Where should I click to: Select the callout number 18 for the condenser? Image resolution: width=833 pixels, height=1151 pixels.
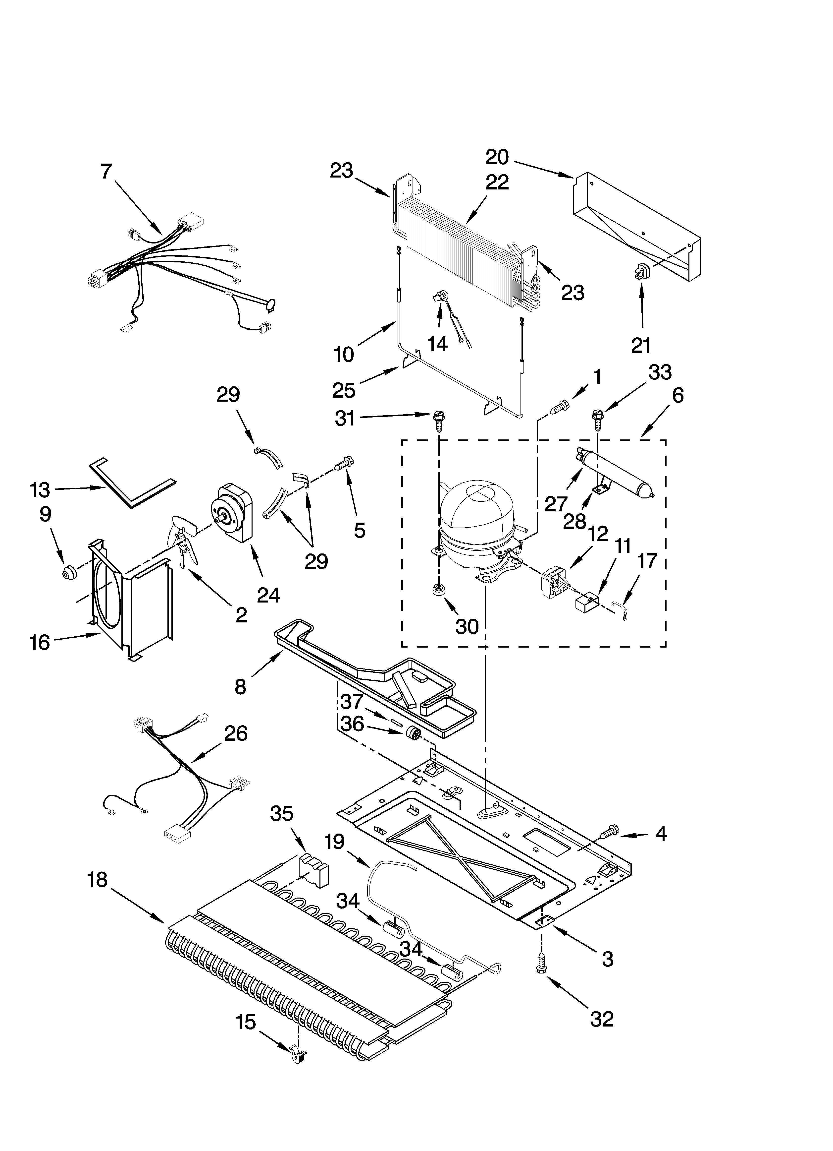pyautogui.click(x=97, y=879)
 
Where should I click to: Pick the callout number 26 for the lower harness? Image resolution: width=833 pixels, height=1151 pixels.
pyautogui.click(x=236, y=733)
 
